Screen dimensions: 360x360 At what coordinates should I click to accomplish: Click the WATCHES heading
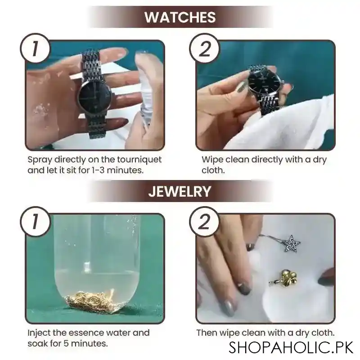point(180,17)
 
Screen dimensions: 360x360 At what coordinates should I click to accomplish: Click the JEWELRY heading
point(180,191)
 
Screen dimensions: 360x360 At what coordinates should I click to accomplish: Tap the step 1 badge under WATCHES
point(35,49)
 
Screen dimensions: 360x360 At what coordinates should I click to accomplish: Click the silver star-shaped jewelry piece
point(291,244)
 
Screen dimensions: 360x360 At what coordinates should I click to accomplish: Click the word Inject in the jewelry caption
point(38,333)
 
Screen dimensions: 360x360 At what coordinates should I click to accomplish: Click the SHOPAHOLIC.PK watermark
point(290,347)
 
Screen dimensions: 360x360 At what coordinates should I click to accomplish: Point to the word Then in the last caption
point(206,333)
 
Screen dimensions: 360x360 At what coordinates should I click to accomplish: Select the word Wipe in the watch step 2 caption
point(211,160)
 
